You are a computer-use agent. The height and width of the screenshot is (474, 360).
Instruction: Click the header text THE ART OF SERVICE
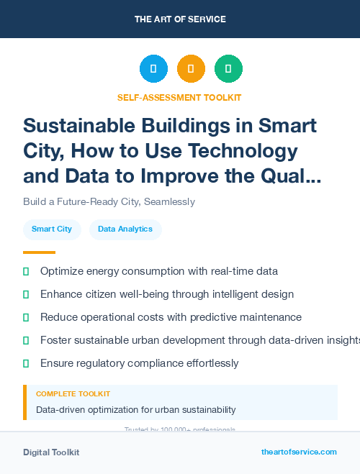coord(180,19)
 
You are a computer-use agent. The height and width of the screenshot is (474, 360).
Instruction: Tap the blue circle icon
coord(153,68)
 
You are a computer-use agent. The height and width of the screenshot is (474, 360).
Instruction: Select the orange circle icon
coord(191,68)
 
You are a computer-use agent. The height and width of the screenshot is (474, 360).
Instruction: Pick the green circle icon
coord(228,68)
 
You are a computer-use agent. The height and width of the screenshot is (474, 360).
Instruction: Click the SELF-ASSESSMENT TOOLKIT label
coord(179,97)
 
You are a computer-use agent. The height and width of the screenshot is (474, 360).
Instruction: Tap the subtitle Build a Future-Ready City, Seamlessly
coord(109,202)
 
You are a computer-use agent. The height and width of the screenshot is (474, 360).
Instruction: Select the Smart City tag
coord(52,229)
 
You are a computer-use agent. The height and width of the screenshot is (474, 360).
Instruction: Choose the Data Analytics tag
coord(125,229)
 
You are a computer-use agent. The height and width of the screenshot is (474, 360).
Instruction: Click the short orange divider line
coord(39,252)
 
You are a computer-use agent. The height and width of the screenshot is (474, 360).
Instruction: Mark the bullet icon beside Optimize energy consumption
coord(26,271)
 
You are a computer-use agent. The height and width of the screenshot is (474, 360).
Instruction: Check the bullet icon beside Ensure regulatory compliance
coord(26,363)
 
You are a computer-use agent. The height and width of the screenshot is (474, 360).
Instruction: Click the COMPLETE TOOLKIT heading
coord(73,394)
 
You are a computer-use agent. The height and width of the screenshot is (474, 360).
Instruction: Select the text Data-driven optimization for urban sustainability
coord(135,410)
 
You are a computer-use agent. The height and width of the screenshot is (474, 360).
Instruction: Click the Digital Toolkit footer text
coord(51,452)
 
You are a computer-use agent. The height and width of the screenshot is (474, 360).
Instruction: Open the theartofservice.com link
coord(299,452)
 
